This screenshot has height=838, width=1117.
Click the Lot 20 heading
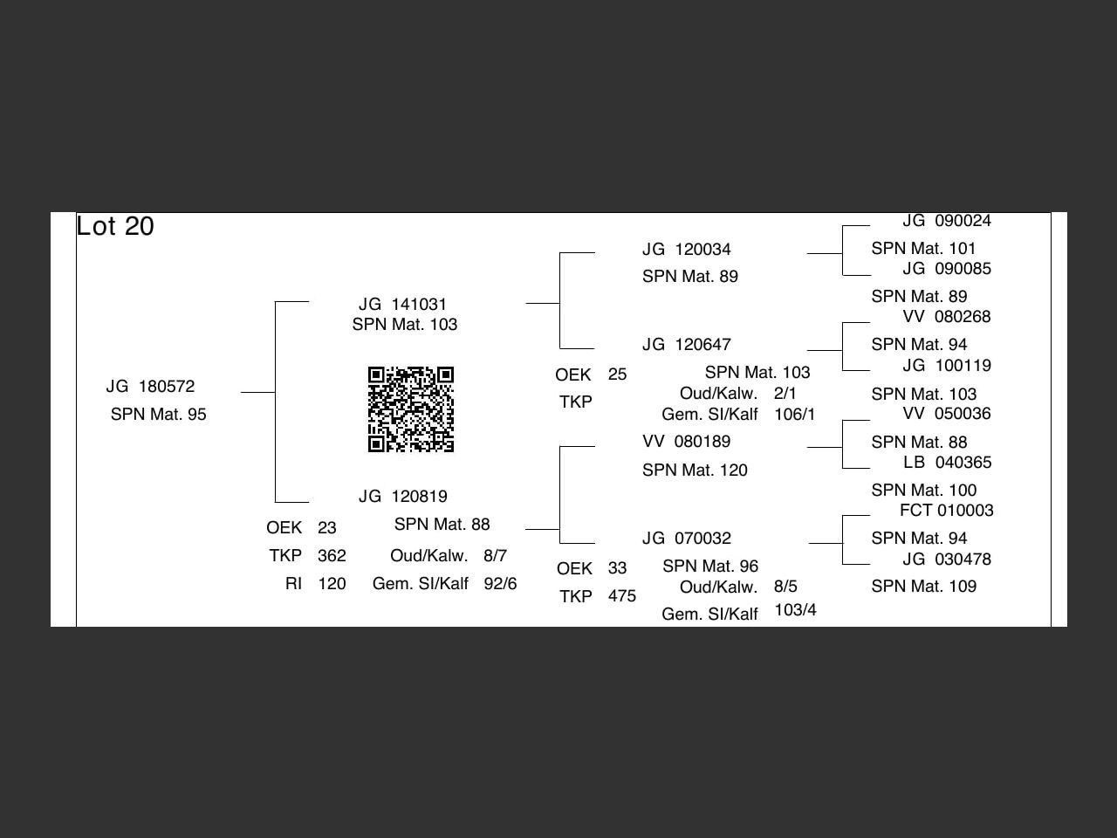115,226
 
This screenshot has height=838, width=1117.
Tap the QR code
411,409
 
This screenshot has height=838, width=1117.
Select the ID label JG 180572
150,387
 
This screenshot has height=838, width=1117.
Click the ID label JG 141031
402,305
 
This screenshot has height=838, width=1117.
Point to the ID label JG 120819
402,497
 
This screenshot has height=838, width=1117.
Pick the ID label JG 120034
686,250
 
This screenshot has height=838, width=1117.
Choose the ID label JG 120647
686,345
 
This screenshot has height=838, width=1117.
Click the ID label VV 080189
686,442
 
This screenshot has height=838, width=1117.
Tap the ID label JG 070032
686,539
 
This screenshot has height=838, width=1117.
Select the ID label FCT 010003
946,511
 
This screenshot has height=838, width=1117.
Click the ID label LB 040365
947,463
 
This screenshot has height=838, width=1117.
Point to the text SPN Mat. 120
695,471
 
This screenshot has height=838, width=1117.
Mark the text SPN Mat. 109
923,587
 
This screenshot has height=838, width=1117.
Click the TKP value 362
332,556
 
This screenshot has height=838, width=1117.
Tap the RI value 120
332,584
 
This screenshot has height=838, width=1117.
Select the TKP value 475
622,596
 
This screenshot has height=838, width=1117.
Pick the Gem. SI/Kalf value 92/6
500,584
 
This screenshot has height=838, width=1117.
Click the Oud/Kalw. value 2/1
785,394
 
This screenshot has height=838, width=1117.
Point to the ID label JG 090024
946,222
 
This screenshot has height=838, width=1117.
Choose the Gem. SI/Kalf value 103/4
795,610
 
